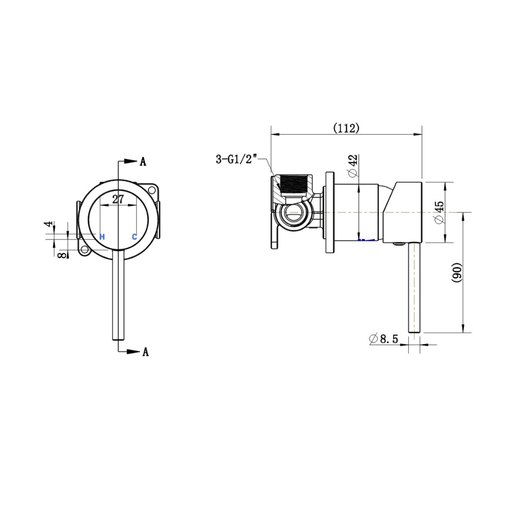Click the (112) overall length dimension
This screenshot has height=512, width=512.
(346, 128)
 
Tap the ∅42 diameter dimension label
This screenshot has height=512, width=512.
(352, 167)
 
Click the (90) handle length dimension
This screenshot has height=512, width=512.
(457, 272)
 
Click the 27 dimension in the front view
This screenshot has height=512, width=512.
(118, 200)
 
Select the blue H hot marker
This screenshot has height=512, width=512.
(102, 236)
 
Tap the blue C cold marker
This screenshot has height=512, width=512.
(135, 236)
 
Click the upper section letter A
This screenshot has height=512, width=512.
(143, 162)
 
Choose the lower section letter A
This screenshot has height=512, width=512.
(146, 352)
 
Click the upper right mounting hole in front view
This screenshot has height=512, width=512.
(152, 190)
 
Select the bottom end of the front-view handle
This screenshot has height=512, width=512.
(118, 338)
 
